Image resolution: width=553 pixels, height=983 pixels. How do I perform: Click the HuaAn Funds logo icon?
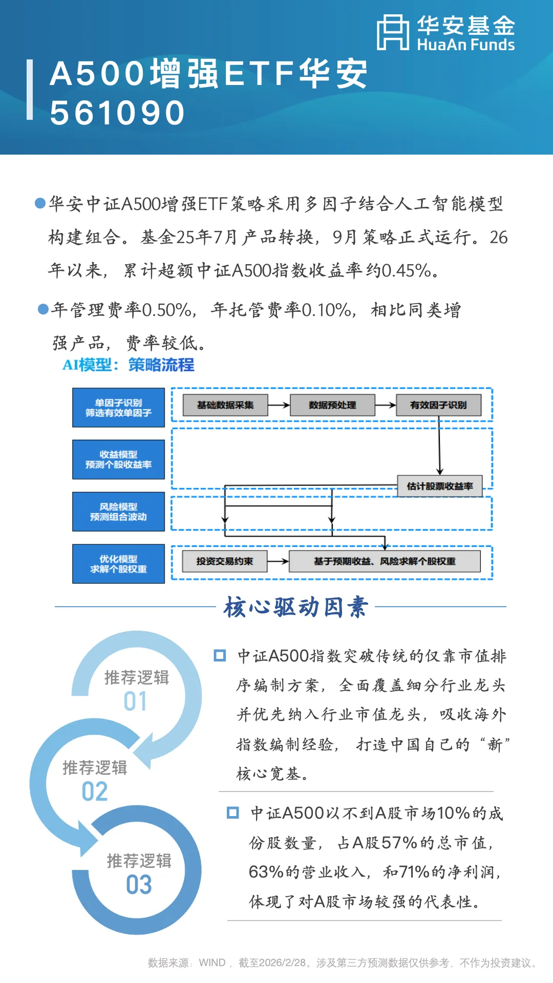(393, 32)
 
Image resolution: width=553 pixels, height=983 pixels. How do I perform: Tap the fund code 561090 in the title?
(117, 113)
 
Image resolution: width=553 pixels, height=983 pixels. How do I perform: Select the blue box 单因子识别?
(118, 408)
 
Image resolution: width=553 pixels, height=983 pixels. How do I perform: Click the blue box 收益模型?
(118, 459)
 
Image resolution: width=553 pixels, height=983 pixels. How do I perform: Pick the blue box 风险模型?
(118, 511)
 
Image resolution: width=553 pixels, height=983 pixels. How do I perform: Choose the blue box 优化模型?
(118, 564)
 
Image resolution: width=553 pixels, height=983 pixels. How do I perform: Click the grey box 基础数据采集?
(225, 405)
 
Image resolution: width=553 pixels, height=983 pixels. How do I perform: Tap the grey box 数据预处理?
(332, 405)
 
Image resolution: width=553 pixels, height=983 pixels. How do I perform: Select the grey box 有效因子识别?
(438, 405)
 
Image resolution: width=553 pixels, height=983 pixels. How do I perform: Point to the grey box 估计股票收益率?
(440, 486)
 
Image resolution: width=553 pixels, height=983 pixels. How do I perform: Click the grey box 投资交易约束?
(225, 561)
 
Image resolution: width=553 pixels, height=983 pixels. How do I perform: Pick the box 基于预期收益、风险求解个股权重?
(385, 561)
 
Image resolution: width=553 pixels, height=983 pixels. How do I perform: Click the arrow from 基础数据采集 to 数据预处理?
(279, 405)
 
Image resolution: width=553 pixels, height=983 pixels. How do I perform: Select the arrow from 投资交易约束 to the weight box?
(278, 561)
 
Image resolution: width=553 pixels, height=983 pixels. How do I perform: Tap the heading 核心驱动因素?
(296, 607)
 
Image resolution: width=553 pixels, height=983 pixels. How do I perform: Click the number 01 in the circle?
(136, 701)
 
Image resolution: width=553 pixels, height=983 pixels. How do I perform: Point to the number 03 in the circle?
(139, 884)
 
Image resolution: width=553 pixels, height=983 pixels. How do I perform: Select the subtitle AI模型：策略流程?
(129, 365)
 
